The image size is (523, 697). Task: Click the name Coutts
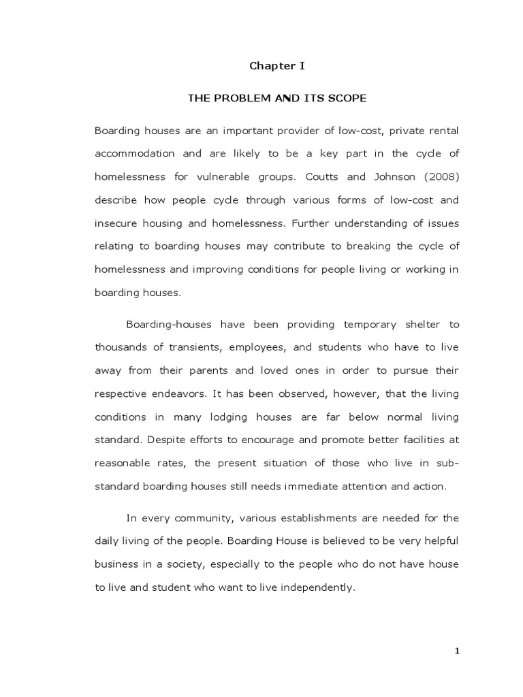tap(317, 176)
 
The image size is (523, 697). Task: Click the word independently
tap(322, 587)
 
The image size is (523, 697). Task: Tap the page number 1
tap(458, 651)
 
